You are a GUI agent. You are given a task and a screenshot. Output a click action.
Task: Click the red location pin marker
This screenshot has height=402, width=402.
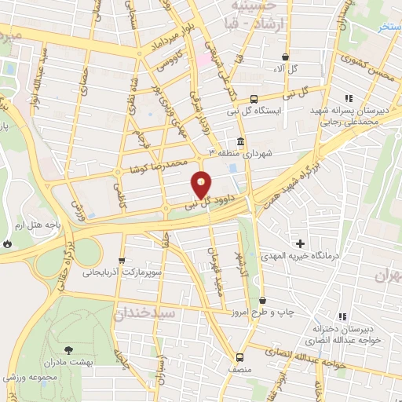click(x=202, y=185)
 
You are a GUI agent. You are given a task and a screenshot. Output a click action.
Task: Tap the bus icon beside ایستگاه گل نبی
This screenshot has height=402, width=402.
click(x=254, y=99)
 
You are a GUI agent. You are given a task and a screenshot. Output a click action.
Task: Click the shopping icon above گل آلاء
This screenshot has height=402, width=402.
click(x=284, y=57)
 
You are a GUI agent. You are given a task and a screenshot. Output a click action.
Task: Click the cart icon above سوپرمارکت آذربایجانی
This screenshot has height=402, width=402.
click(x=121, y=261)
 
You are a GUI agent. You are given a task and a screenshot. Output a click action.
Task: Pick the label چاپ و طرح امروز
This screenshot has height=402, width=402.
click(x=289, y=312)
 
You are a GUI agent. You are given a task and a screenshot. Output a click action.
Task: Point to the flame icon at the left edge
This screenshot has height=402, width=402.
click(x=7, y=244)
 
